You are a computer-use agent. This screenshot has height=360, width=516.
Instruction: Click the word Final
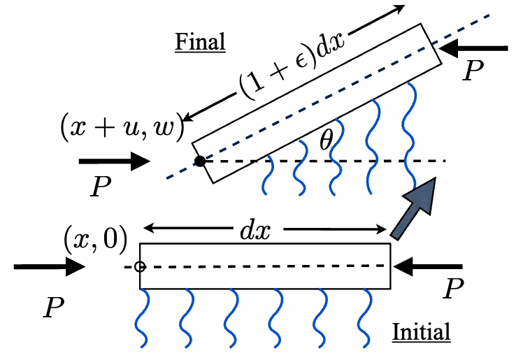[x=200, y=43]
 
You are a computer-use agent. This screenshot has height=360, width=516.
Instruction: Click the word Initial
[x=421, y=331]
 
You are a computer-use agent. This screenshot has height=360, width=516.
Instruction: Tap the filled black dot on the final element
[x=200, y=161]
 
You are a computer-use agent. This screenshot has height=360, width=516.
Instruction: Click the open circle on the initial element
[x=139, y=266]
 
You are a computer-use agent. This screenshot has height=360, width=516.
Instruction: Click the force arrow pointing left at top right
[x=476, y=48]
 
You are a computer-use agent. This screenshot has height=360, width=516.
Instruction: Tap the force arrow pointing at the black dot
[x=115, y=162]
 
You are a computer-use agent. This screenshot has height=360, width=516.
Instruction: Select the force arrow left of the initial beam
[x=48, y=266]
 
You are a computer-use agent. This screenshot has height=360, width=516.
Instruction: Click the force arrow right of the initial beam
[x=429, y=266]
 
